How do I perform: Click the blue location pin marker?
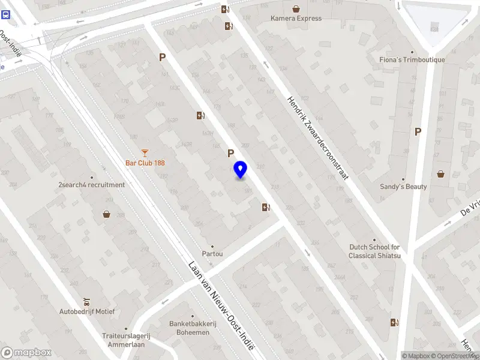point(240,169)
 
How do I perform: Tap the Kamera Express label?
point(296,19)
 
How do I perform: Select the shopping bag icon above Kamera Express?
point(296,9)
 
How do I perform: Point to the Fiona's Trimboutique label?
point(412,60)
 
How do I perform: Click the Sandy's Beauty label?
point(403,187)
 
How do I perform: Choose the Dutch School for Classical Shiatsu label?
point(374,251)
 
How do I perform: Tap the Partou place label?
point(212,254)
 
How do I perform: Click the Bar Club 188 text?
point(145,163)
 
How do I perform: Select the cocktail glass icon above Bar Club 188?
point(145,153)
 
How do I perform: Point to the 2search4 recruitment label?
point(92,185)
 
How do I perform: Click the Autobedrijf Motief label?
point(87,311)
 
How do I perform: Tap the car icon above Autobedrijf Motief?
point(87,301)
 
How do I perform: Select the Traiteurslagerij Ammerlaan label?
point(125,340)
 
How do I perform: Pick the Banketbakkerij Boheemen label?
point(193,328)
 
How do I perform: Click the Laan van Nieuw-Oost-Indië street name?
point(221,305)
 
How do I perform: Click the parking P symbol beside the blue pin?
point(230,153)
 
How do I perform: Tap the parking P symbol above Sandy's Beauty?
point(418,132)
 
